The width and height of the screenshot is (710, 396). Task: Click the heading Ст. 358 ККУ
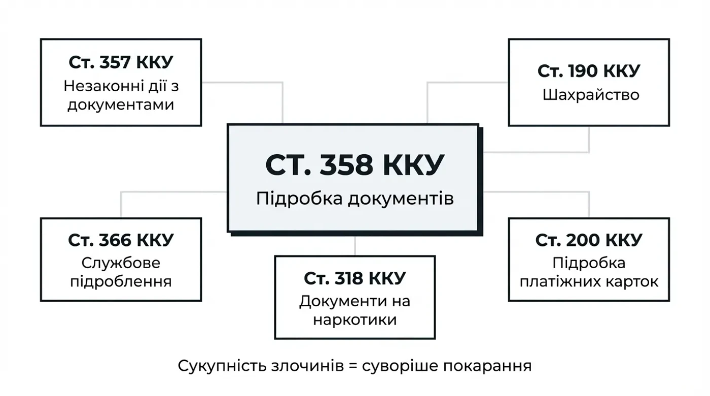[354, 165]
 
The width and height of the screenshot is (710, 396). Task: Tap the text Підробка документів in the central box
[354, 198]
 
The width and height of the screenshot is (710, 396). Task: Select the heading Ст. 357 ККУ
[121, 62]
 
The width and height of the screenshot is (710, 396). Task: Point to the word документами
[121, 104]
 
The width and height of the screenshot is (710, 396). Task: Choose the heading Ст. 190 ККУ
[589, 71]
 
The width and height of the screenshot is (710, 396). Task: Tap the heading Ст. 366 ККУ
[121, 240]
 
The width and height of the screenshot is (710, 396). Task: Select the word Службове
[121, 263]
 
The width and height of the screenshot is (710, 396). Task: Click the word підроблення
[121, 281]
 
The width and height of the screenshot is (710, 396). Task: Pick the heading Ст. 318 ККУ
[354, 278]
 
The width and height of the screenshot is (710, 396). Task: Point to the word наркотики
[354, 320]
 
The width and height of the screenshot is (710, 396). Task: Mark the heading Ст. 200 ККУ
[589, 240]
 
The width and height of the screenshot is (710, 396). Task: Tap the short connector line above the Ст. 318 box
[355, 245]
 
